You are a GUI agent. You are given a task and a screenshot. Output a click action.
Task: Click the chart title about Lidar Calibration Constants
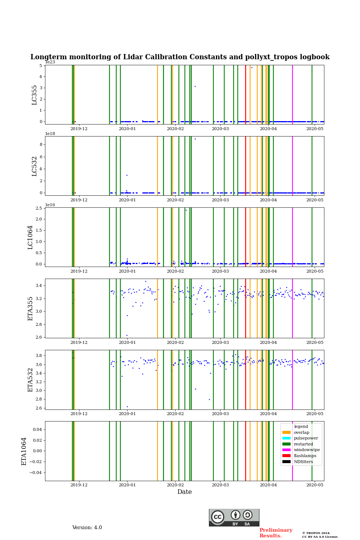[x=180, y=57]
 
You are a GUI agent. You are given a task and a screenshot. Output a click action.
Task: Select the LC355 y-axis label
[x=34, y=95]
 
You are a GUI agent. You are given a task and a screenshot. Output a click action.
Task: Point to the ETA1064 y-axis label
[x=24, y=451]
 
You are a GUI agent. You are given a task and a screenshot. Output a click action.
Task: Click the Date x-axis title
[x=184, y=492]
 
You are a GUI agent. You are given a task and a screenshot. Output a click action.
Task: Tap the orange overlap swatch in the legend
[x=286, y=432]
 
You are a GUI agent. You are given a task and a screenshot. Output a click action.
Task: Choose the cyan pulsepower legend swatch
[x=286, y=438]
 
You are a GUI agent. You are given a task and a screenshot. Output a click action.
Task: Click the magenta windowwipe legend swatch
[x=286, y=450]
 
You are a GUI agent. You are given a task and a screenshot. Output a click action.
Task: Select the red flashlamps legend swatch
[x=286, y=456]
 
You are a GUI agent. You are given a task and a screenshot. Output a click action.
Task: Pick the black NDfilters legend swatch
[x=286, y=462]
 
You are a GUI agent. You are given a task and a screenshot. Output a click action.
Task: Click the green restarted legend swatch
[x=286, y=444]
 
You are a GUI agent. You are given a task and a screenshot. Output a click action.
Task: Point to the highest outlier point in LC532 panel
[x=195, y=139]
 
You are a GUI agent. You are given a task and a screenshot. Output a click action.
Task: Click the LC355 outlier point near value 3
[x=195, y=86]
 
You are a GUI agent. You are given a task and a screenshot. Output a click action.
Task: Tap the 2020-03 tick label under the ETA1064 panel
[x=220, y=485]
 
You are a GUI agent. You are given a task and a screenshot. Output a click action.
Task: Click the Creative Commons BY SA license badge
[x=234, y=517]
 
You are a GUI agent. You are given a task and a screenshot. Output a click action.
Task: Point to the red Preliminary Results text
[x=276, y=533]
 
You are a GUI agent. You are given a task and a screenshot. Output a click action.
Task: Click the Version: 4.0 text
[x=87, y=528]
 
